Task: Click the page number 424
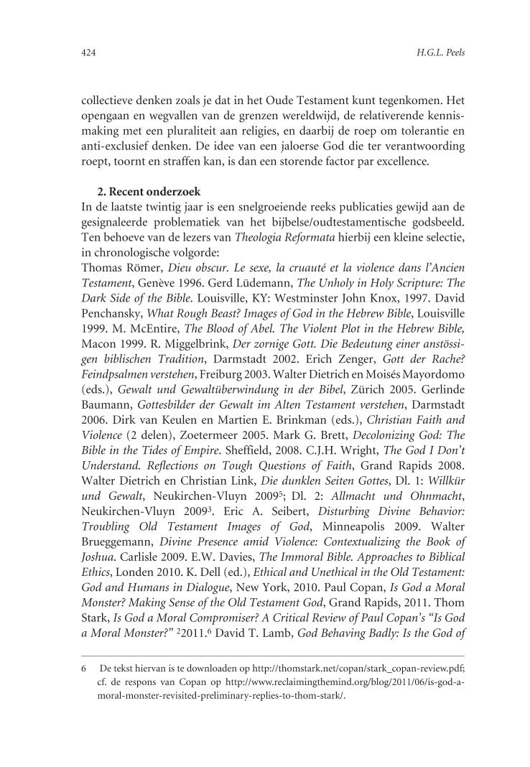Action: tap(89, 53)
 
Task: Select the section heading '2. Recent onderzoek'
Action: tap(148, 192)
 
